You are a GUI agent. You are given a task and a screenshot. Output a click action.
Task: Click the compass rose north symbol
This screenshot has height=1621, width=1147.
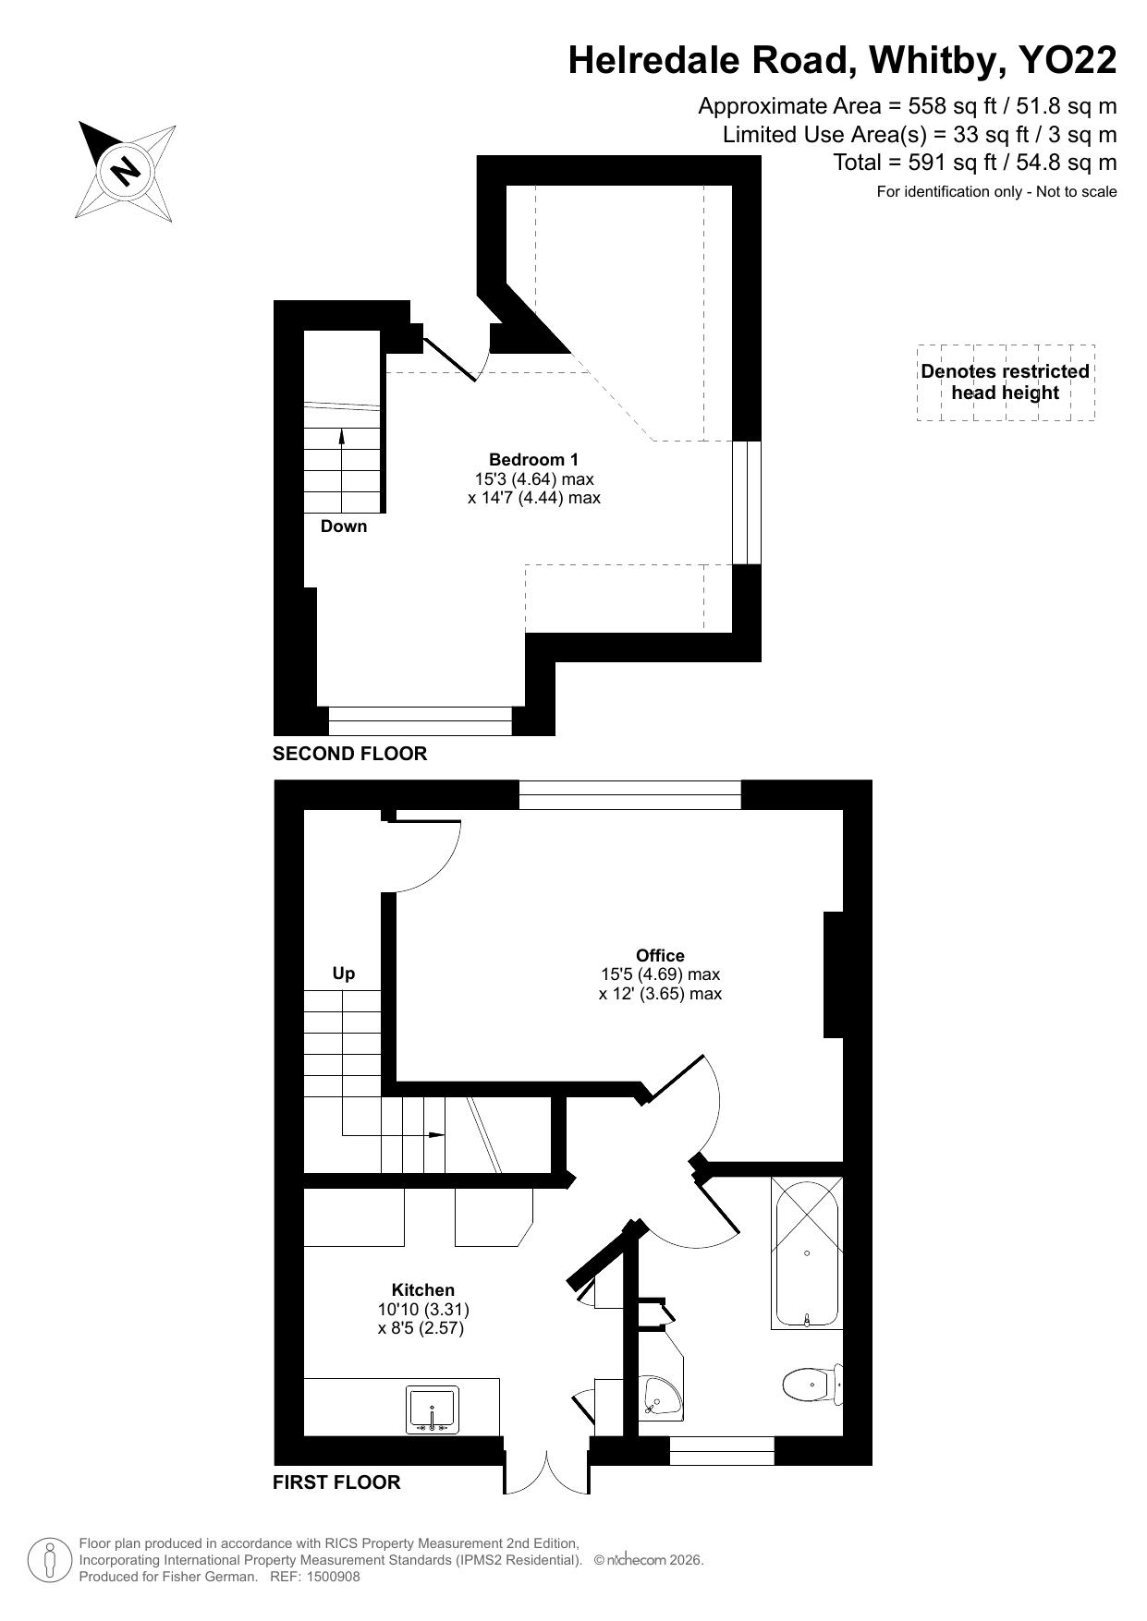(126, 171)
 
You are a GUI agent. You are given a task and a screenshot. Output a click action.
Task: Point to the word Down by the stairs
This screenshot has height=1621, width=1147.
(344, 526)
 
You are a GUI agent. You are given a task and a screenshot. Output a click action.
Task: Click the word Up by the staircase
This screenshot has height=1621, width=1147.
(344, 974)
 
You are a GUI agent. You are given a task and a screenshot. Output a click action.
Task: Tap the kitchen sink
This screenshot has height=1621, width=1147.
(432, 1409)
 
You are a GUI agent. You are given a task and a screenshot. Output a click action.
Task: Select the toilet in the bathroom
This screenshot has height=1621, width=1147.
(812, 1384)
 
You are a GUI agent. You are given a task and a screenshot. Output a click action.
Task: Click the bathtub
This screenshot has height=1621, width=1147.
(807, 1252)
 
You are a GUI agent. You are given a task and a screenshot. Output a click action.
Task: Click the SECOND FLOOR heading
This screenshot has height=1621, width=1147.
(349, 754)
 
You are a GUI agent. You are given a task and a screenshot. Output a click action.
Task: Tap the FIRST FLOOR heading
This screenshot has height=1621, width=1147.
(336, 1482)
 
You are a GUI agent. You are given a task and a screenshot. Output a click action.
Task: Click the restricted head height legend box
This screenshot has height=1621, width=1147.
(1006, 382)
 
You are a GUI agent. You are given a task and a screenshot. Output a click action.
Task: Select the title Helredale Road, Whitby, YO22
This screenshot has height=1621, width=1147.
(842, 60)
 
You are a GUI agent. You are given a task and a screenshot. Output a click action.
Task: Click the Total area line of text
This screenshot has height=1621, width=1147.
(975, 163)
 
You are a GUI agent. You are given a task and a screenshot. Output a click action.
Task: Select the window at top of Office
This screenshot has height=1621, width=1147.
(630, 794)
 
